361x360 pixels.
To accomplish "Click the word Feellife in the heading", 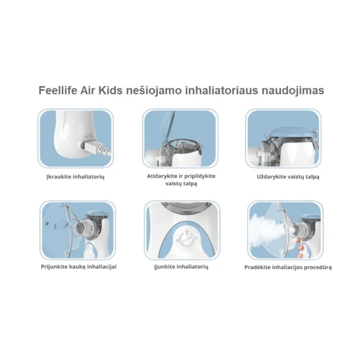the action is (58, 90).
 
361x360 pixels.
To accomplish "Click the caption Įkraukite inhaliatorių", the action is (75, 177).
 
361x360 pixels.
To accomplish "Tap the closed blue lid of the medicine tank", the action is (290, 133).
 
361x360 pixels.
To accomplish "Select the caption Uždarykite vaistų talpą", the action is (288, 177).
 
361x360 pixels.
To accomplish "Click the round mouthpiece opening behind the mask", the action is (80, 228).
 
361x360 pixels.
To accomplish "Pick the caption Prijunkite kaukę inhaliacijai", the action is (78, 267).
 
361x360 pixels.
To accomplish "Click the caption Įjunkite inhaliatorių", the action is (181, 267).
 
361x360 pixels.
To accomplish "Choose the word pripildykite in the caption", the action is (201, 177).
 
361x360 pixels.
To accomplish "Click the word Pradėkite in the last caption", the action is (257, 267).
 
